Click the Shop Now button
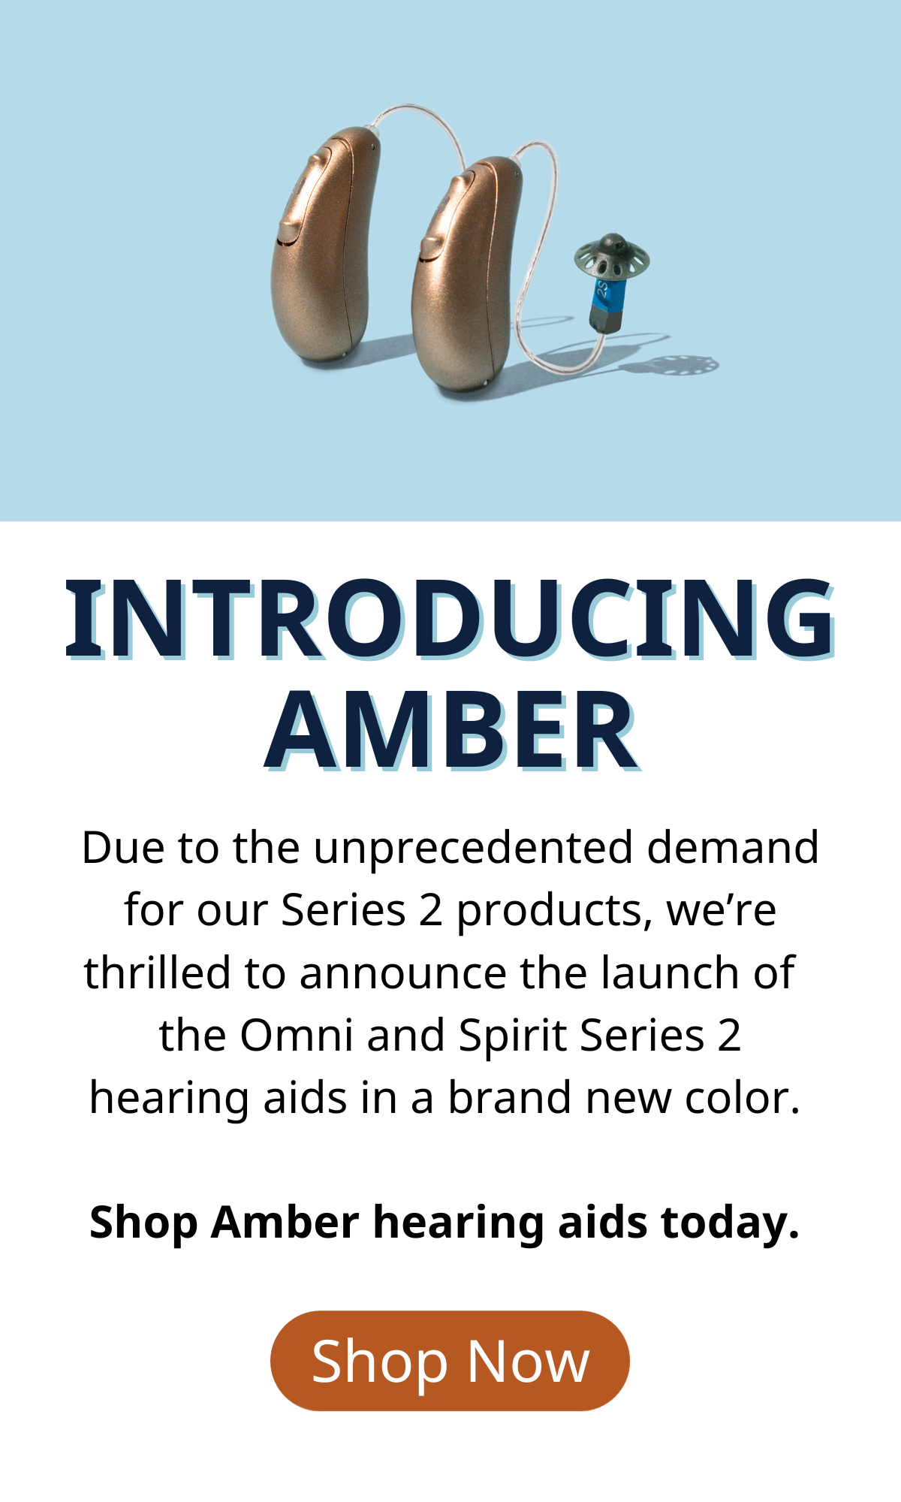pos(450,1361)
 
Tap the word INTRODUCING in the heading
pos(450,620)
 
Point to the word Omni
pos(297,1035)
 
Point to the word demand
pos(733,847)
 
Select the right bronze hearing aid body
pos(466,274)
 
